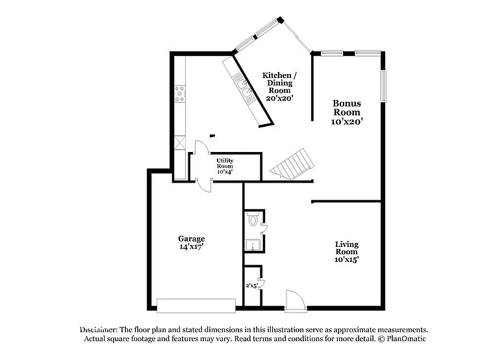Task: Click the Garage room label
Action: (192, 238)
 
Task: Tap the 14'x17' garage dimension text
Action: (192, 247)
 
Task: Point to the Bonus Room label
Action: (347, 107)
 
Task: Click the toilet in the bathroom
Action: (253, 220)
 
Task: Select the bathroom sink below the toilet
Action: (251, 245)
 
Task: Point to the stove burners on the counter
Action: (180, 95)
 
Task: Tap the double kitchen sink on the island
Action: (244, 88)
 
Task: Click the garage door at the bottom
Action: (196, 305)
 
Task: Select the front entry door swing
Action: (294, 300)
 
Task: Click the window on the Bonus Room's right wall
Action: (383, 85)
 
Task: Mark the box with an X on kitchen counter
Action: (180, 142)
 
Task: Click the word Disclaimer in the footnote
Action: (98, 329)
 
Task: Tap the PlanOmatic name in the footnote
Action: (406, 339)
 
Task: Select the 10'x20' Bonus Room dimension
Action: (347, 121)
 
